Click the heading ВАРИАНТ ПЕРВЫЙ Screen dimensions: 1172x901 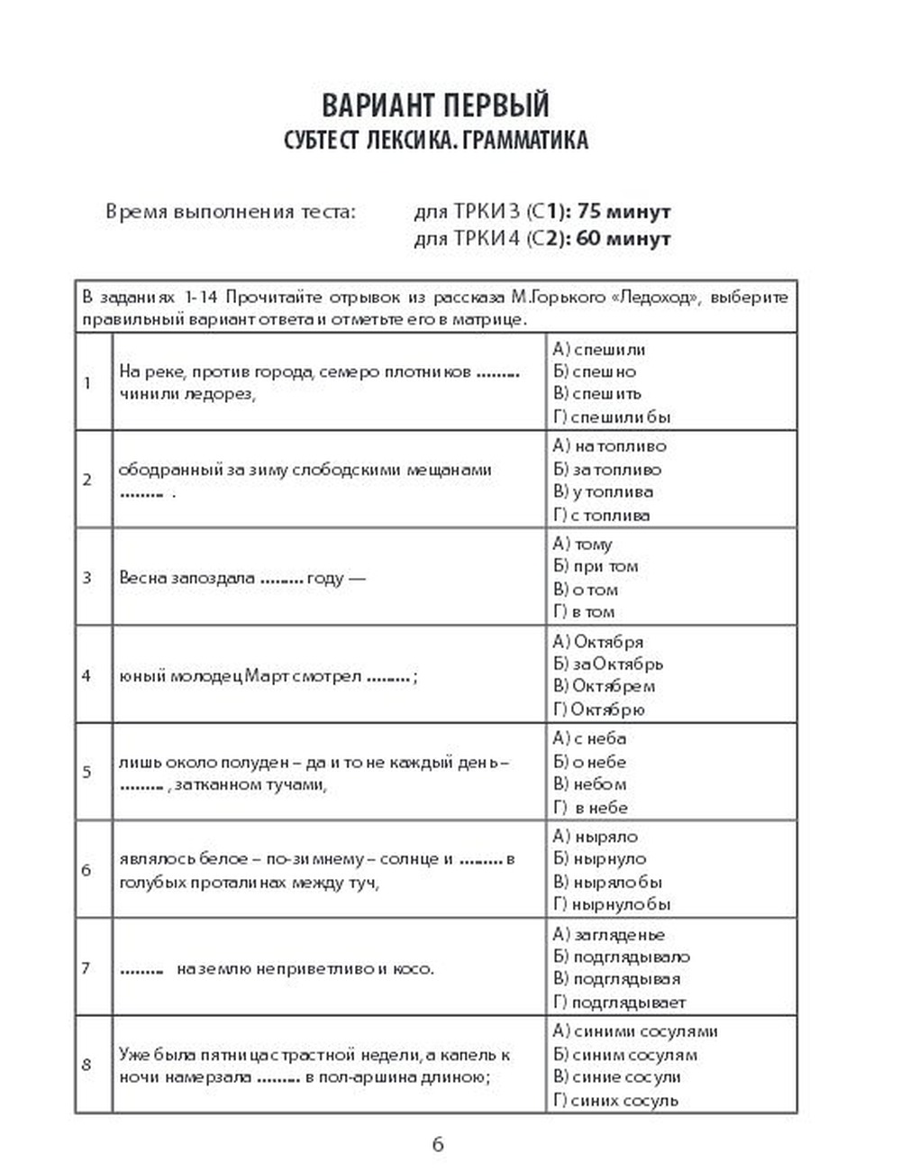435,105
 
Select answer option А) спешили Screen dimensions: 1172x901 599,349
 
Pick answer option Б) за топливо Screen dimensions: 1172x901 606,469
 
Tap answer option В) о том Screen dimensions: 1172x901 586,590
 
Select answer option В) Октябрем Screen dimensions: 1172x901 604,686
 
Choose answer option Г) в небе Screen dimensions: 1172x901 591,808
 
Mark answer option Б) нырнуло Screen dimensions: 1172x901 599,859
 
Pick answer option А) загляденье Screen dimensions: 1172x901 608,935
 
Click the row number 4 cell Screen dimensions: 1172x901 87,674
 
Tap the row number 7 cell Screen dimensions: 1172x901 87,968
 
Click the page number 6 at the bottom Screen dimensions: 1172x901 438,1145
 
